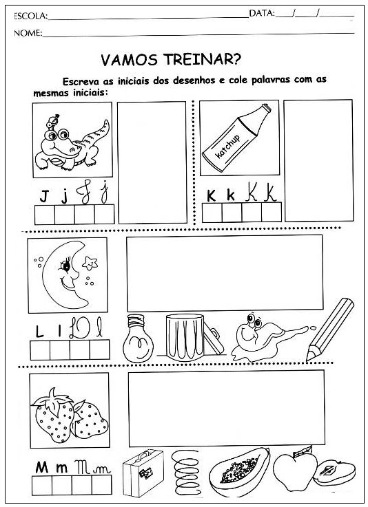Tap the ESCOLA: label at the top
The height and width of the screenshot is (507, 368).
(30, 16)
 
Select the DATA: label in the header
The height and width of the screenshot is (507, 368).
(262, 13)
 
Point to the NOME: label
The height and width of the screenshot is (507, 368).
(28, 32)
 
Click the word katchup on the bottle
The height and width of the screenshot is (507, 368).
(227, 146)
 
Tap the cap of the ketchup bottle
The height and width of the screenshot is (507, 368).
(266, 108)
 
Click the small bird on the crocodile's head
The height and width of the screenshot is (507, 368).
(53, 121)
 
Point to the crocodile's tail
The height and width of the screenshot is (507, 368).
(97, 133)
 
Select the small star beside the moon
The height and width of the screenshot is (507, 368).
(90, 263)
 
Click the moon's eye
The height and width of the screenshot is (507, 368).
(65, 266)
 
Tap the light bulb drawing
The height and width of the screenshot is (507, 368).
(138, 338)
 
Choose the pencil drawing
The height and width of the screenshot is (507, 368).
(330, 329)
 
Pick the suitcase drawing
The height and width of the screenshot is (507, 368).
(143, 473)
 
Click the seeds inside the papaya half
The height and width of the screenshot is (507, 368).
(239, 468)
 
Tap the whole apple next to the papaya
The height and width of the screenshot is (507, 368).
(295, 471)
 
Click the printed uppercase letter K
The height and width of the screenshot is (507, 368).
(211, 195)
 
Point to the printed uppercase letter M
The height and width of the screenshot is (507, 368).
(42, 468)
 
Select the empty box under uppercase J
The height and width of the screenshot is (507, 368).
(45, 215)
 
